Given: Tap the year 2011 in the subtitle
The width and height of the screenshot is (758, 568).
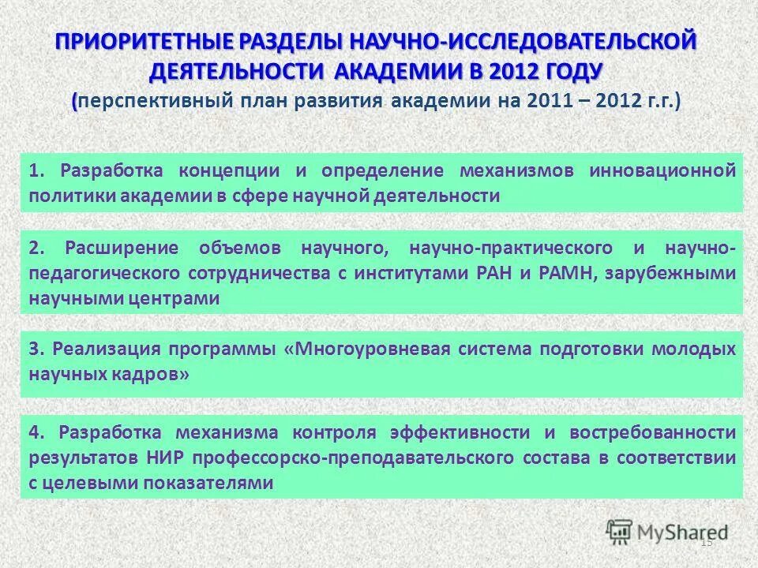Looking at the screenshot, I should [x=552, y=102].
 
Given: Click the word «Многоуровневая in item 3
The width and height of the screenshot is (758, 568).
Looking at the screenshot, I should [x=362, y=349].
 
